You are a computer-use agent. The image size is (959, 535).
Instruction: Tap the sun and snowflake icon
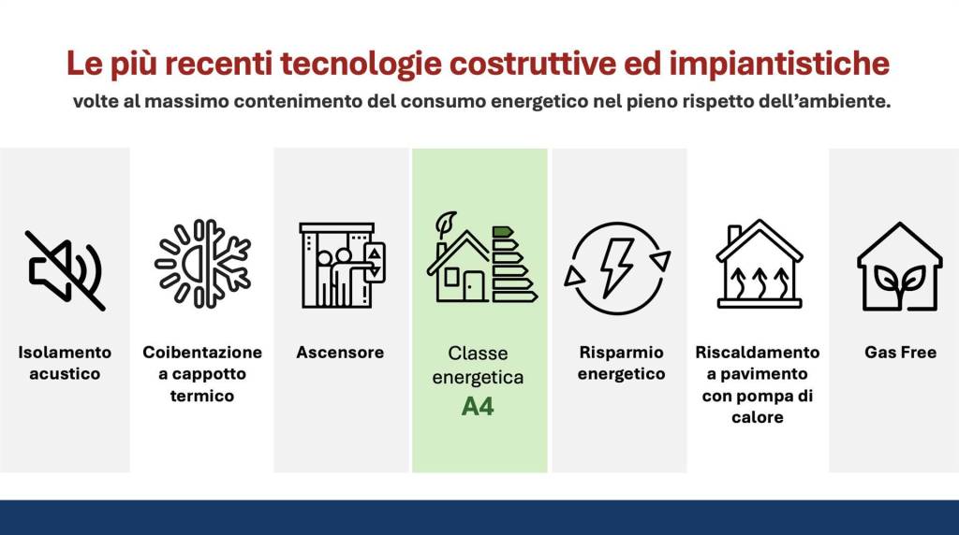(202, 264)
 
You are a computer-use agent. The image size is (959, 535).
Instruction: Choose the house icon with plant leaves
(900, 266)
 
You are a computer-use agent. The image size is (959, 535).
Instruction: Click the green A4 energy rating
(478, 407)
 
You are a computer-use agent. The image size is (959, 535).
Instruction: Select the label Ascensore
(340, 353)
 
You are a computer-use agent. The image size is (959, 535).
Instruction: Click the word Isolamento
(65, 353)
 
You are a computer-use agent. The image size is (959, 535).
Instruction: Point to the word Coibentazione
(202, 353)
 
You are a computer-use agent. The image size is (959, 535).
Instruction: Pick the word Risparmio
(621, 353)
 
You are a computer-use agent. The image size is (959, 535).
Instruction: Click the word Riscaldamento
(758, 353)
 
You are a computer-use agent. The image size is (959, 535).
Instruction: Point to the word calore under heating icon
(758, 417)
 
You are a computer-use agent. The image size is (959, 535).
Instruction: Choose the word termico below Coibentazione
(202, 396)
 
